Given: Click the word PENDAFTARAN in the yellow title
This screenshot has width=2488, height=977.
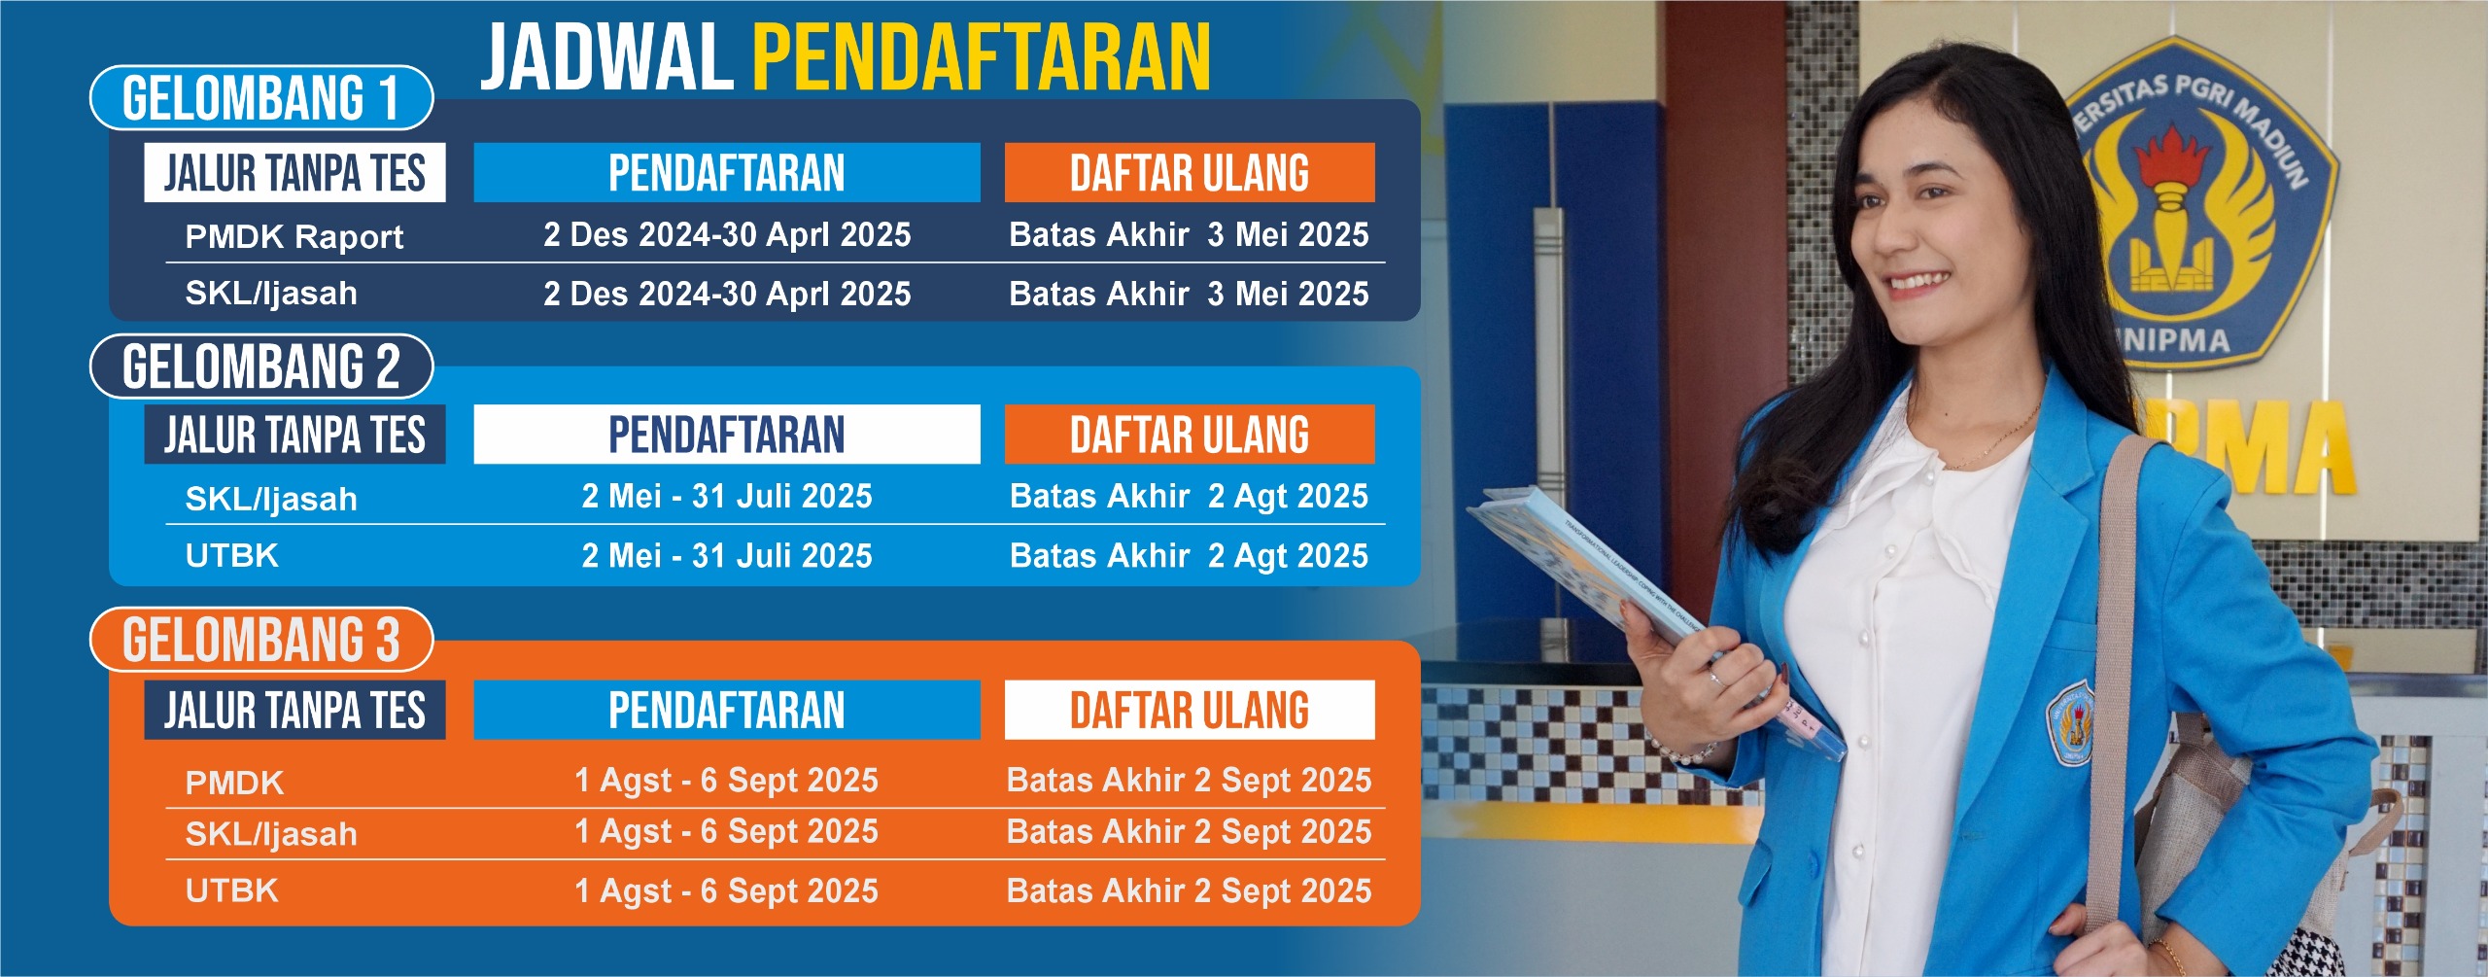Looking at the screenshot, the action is (982, 57).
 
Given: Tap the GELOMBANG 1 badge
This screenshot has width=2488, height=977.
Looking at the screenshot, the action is (260, 98).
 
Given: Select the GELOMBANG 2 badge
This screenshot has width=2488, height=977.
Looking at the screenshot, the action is (260, 366).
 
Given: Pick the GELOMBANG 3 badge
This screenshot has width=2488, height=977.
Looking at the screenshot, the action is (260, 640).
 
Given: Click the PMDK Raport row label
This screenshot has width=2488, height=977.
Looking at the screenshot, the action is (294, 236).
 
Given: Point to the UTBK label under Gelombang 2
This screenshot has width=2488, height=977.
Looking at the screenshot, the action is (231, 555).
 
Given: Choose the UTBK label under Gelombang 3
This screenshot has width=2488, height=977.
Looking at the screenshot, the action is (231, 890).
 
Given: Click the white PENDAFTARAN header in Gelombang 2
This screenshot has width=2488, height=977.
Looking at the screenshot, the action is (727, 435).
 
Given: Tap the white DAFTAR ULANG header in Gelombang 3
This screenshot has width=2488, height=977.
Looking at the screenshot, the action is (1190, 710).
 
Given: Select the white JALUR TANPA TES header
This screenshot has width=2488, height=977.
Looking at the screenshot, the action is (294, 173).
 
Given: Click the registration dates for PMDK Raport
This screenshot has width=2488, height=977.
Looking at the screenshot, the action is (727, 234).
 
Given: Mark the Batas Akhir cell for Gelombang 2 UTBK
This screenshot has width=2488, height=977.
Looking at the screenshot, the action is (1190, 555).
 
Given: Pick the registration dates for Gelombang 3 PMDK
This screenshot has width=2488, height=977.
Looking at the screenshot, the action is (727, 780).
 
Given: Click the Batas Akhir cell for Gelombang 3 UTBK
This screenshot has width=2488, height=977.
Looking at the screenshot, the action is (1190, 890).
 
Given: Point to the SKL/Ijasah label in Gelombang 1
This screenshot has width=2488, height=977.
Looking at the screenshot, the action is (271, 294).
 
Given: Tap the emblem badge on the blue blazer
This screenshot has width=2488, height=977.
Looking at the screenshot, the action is (2072, 725).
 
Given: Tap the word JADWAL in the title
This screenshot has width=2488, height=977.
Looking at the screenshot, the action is (607, 57).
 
